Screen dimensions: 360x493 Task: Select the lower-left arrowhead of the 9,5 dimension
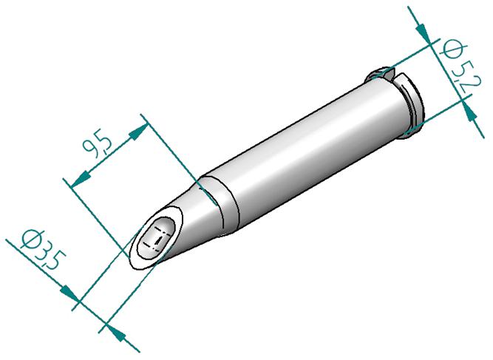point(78,176)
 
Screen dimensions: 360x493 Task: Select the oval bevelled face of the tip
point(156,238)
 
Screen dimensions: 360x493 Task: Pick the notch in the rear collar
point(390,74)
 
